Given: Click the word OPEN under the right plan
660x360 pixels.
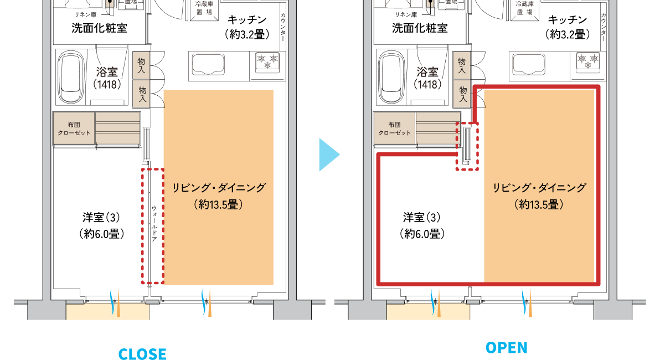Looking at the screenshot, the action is pyautogui.click(x=507, y=347).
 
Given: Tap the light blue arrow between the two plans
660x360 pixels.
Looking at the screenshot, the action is pyautogui.click(x=329, y=155).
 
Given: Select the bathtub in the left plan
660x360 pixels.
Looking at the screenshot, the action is pyautogui.click(x=71, y=78).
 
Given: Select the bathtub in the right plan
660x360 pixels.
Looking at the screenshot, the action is pyautogui.click(x=391, y=78).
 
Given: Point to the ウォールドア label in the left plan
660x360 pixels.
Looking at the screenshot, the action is pyautogui.click(x=154, y=223).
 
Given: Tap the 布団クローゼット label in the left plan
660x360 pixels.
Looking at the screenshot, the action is pyautogui.click(x=74, y=128).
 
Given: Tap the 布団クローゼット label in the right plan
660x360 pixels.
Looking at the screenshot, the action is pyautogui.click(x=394, y=128).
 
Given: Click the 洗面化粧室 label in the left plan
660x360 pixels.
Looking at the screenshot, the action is pyautogui.click(x=99, y=28).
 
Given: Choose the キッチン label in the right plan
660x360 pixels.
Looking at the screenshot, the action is pyautogui.click(x=568, y=20).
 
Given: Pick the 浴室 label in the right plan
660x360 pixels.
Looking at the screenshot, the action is pyautogui.click(x=427, y=71).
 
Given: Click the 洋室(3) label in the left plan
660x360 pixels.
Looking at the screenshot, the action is pyautogui.click(x=101, y=217).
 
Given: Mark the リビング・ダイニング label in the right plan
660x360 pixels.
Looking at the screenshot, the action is pyautogui.click(x=539, y=188).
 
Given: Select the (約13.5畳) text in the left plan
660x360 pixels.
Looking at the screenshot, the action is pyautogui.click(x=219, y=204).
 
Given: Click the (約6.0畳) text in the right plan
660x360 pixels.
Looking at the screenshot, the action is pyautogui.click(x=422, y=234).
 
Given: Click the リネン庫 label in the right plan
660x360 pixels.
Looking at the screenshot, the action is pyautogui.click(x=406, y=14).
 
